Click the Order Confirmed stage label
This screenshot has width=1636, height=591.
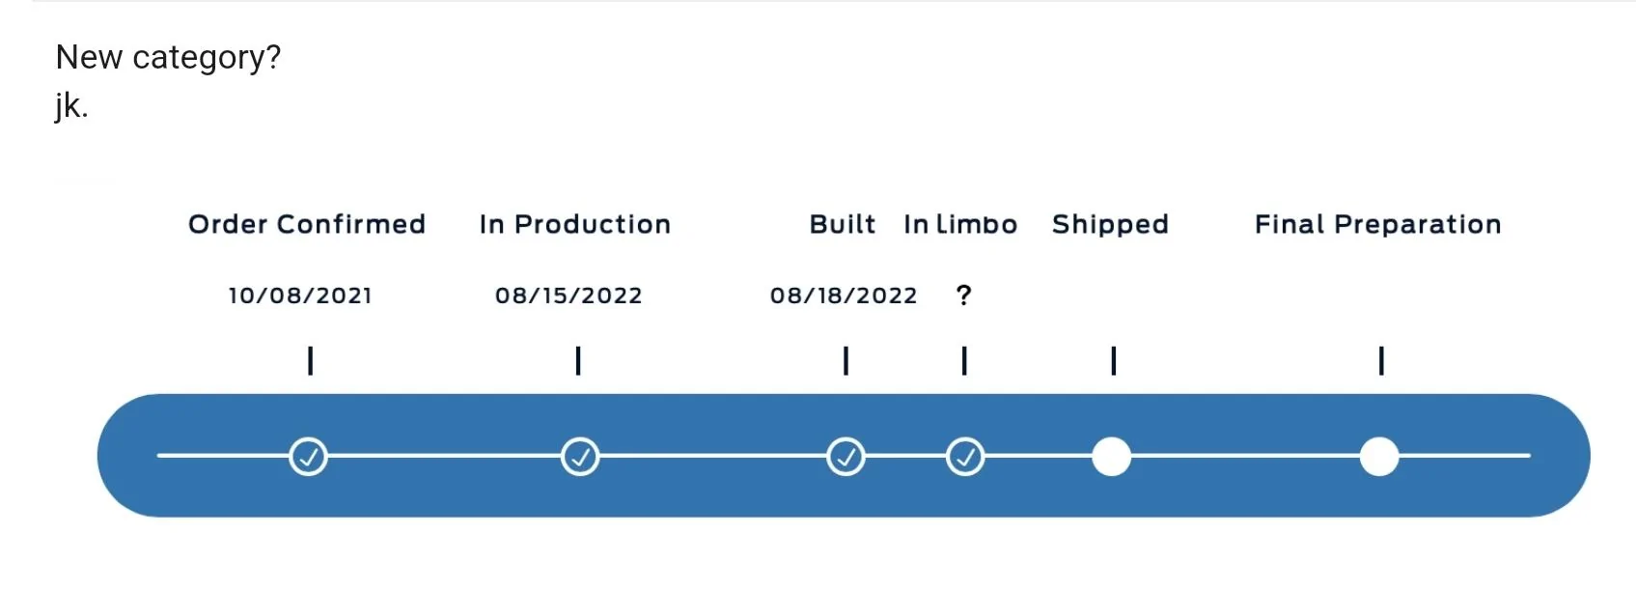(x=307, y=224)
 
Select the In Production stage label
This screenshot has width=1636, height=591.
(x=575, y=224)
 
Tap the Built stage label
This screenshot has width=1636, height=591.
(x=842, y=224)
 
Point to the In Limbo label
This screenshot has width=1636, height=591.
(x=960, y=224)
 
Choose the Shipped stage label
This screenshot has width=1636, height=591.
(x=1110, y=224)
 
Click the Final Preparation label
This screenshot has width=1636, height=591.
(x=1377, y=224)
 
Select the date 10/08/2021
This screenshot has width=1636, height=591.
(x=300, y=295)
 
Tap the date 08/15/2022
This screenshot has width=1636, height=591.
(x=568, y=295)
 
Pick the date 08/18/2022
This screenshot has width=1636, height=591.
(x=844, y=295)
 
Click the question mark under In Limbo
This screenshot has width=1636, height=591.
(x=964, y=295)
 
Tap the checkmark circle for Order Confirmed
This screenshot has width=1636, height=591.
(x=308, y=457)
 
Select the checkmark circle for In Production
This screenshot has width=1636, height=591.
(x=580, y=457)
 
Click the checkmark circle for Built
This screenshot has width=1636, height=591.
(x=846, y=457)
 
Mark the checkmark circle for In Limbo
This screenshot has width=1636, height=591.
(x=965, y=457)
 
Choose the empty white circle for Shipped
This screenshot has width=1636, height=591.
(x=1112, y=457)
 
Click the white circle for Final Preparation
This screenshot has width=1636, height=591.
(x=1379, y=457)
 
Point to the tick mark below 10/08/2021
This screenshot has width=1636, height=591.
(x=311, y=361)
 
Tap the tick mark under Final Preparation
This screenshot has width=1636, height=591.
(x=1381, y=361)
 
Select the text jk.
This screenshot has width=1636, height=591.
(x=71, y=106)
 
